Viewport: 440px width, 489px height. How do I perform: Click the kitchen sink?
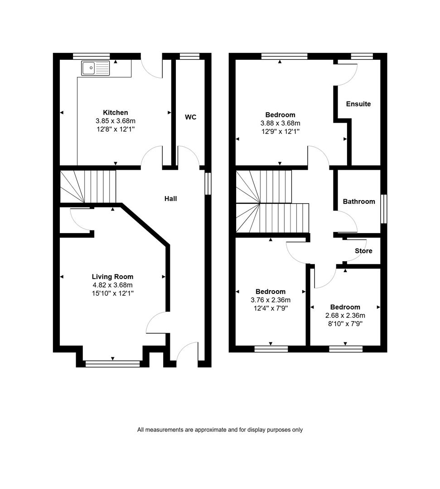(96, 68)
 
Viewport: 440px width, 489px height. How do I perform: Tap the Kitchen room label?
(116, 113)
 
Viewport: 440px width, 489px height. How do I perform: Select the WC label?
(191, 117)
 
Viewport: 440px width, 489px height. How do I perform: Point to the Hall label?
(171, 199)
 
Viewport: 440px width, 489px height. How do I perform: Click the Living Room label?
(113, 277)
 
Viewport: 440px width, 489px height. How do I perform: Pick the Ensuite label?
(358, 104)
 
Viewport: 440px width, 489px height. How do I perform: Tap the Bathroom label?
(359, 201)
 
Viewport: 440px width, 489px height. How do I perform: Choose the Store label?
(363, 251)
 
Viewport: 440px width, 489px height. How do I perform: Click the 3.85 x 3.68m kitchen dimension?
(116, 121)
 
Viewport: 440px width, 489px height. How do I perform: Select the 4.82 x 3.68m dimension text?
(113, 285)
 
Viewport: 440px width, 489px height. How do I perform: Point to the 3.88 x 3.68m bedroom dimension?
(280, 123)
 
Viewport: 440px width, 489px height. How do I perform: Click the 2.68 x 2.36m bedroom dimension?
(345, 315)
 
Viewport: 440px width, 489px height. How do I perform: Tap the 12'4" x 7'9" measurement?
(271, 308)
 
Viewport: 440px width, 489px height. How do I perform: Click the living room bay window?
(113, 364)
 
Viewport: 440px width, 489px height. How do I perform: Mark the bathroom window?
(384, 209)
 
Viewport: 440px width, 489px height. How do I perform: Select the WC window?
(190, 56)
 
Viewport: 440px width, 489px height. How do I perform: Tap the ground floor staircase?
(88, 187)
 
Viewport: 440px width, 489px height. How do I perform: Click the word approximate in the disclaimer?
(211, 430)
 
